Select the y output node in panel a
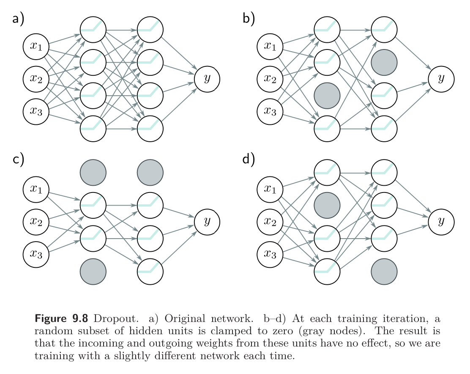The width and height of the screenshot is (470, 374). [x=207, y=79]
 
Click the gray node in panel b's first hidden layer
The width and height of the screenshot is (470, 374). [x=327, y=95]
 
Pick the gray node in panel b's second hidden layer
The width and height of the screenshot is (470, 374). [x=384, y=63]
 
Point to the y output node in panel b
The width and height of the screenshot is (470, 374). [x=441, y=79]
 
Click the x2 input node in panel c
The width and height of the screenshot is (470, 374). [x=36, y=221]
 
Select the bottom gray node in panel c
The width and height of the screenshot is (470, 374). [x=93, y=271]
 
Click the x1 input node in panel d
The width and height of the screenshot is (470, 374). [x=270, y=189]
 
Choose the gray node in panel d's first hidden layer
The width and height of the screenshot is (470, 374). [x=327, y=205]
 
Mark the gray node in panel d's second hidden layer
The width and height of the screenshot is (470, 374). [x=384, y=271]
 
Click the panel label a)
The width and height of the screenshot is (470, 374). [x=18, y=19]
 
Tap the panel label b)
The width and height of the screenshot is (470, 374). [x=249, y=19]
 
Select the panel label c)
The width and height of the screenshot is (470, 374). [x=18, y=160]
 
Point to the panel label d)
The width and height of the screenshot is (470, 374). [x=249, y=160]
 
